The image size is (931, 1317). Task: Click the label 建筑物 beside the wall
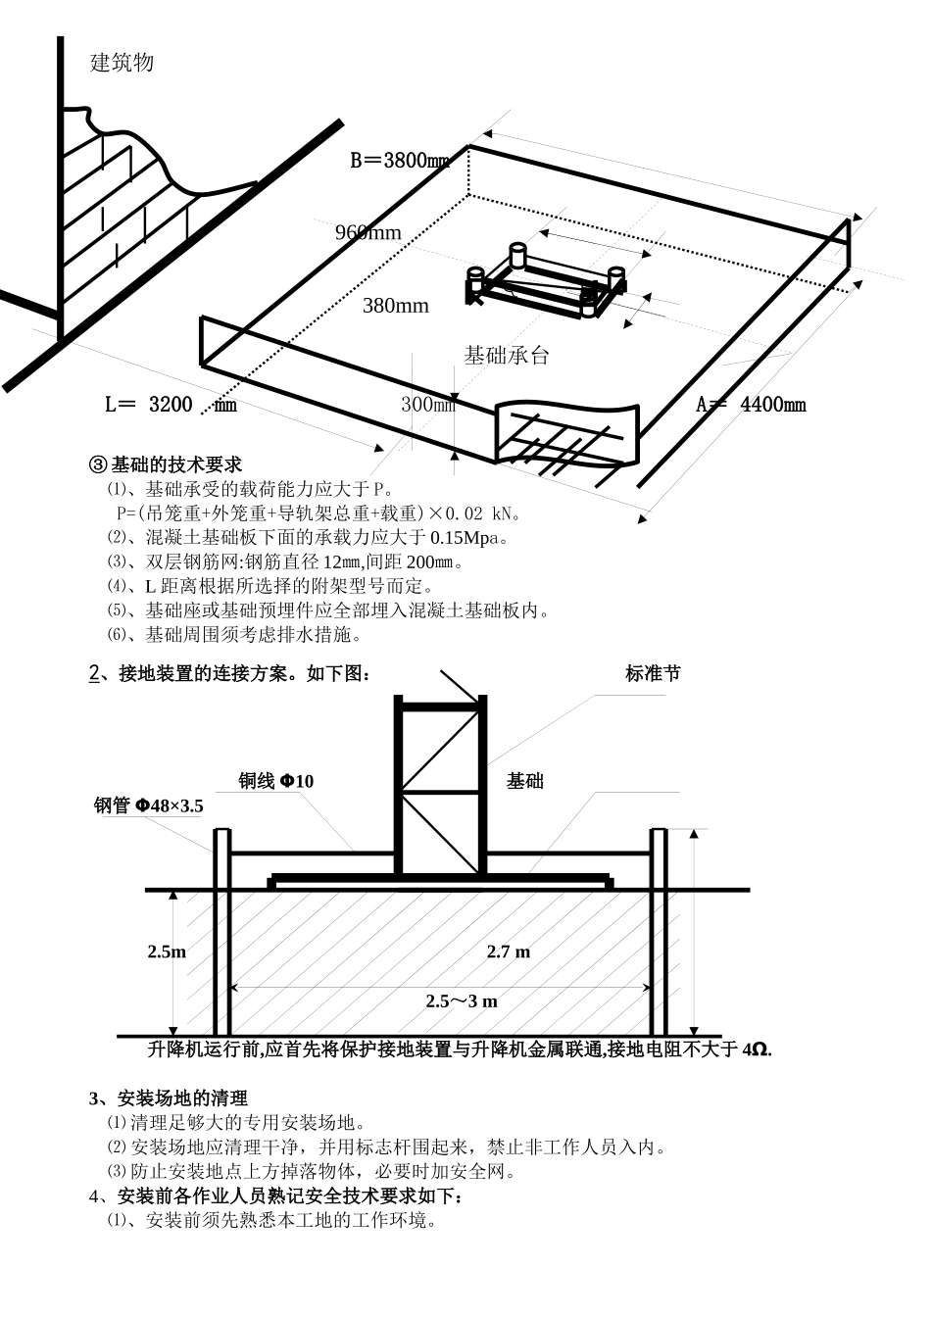point(122,63)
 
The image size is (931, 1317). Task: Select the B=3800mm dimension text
point(400,160)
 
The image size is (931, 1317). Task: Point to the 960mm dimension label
point(368,233)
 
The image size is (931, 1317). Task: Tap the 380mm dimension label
point(396,306)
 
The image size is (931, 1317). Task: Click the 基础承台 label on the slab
point(507,356)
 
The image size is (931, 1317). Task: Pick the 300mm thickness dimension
point(428,405)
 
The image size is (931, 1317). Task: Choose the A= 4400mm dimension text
point(751,405)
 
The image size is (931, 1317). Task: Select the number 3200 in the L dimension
point(171,405)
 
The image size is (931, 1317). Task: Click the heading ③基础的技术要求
point(166,465)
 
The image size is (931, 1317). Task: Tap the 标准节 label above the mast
point(653,673)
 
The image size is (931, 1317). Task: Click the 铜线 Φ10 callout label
point(275,781)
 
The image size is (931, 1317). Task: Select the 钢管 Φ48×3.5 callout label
point(149,805)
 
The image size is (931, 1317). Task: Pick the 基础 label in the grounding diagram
point(525,781)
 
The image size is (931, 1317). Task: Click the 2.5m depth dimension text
point(167,951)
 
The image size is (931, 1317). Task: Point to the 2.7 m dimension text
point(509,951)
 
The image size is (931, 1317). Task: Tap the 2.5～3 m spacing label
point(462,1001)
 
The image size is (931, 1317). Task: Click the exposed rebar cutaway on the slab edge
point(566,434)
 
